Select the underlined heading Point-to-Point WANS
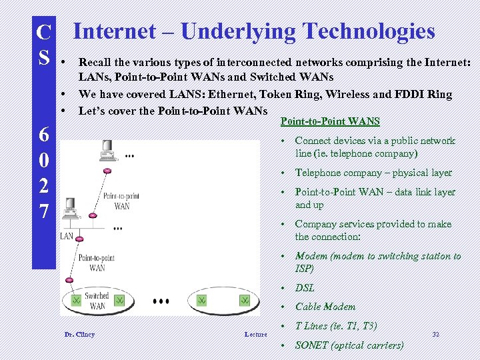click(x=330, y=121)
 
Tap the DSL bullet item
click(x=305, y=288)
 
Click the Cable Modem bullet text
click(x=325, y=307)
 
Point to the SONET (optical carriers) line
click(x=349, y=345)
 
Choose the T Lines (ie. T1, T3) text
click(x=335, y=326)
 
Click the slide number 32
click(x=435, y=333)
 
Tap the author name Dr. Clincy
click(x=79, y=334)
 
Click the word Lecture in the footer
click(x=255, y=334)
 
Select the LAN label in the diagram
click(x=67, y=236)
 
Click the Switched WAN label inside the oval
click(x=97, y=301)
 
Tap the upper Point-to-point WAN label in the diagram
click(x=121, y=201)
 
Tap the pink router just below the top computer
click(x=107, y=171)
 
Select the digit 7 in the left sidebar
click(x=43, y=211)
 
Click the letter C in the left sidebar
click(x=43, y=32)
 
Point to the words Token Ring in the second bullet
click(x=317, y=95)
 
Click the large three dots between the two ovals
click(x=161, y=301)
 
